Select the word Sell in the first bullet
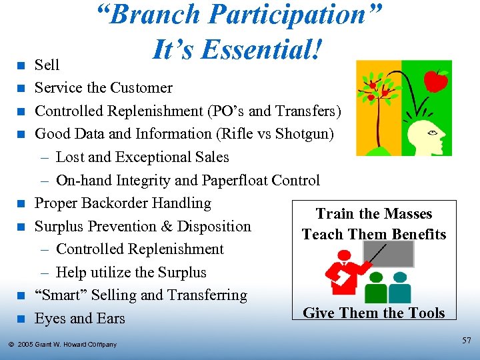(x=47, y=65)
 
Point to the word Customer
(x=141, y=88)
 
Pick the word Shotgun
(x=303, y=134)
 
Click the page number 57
(x=465, y=341)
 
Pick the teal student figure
(x=400, y=288)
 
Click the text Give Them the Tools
(x=373, y=313)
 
